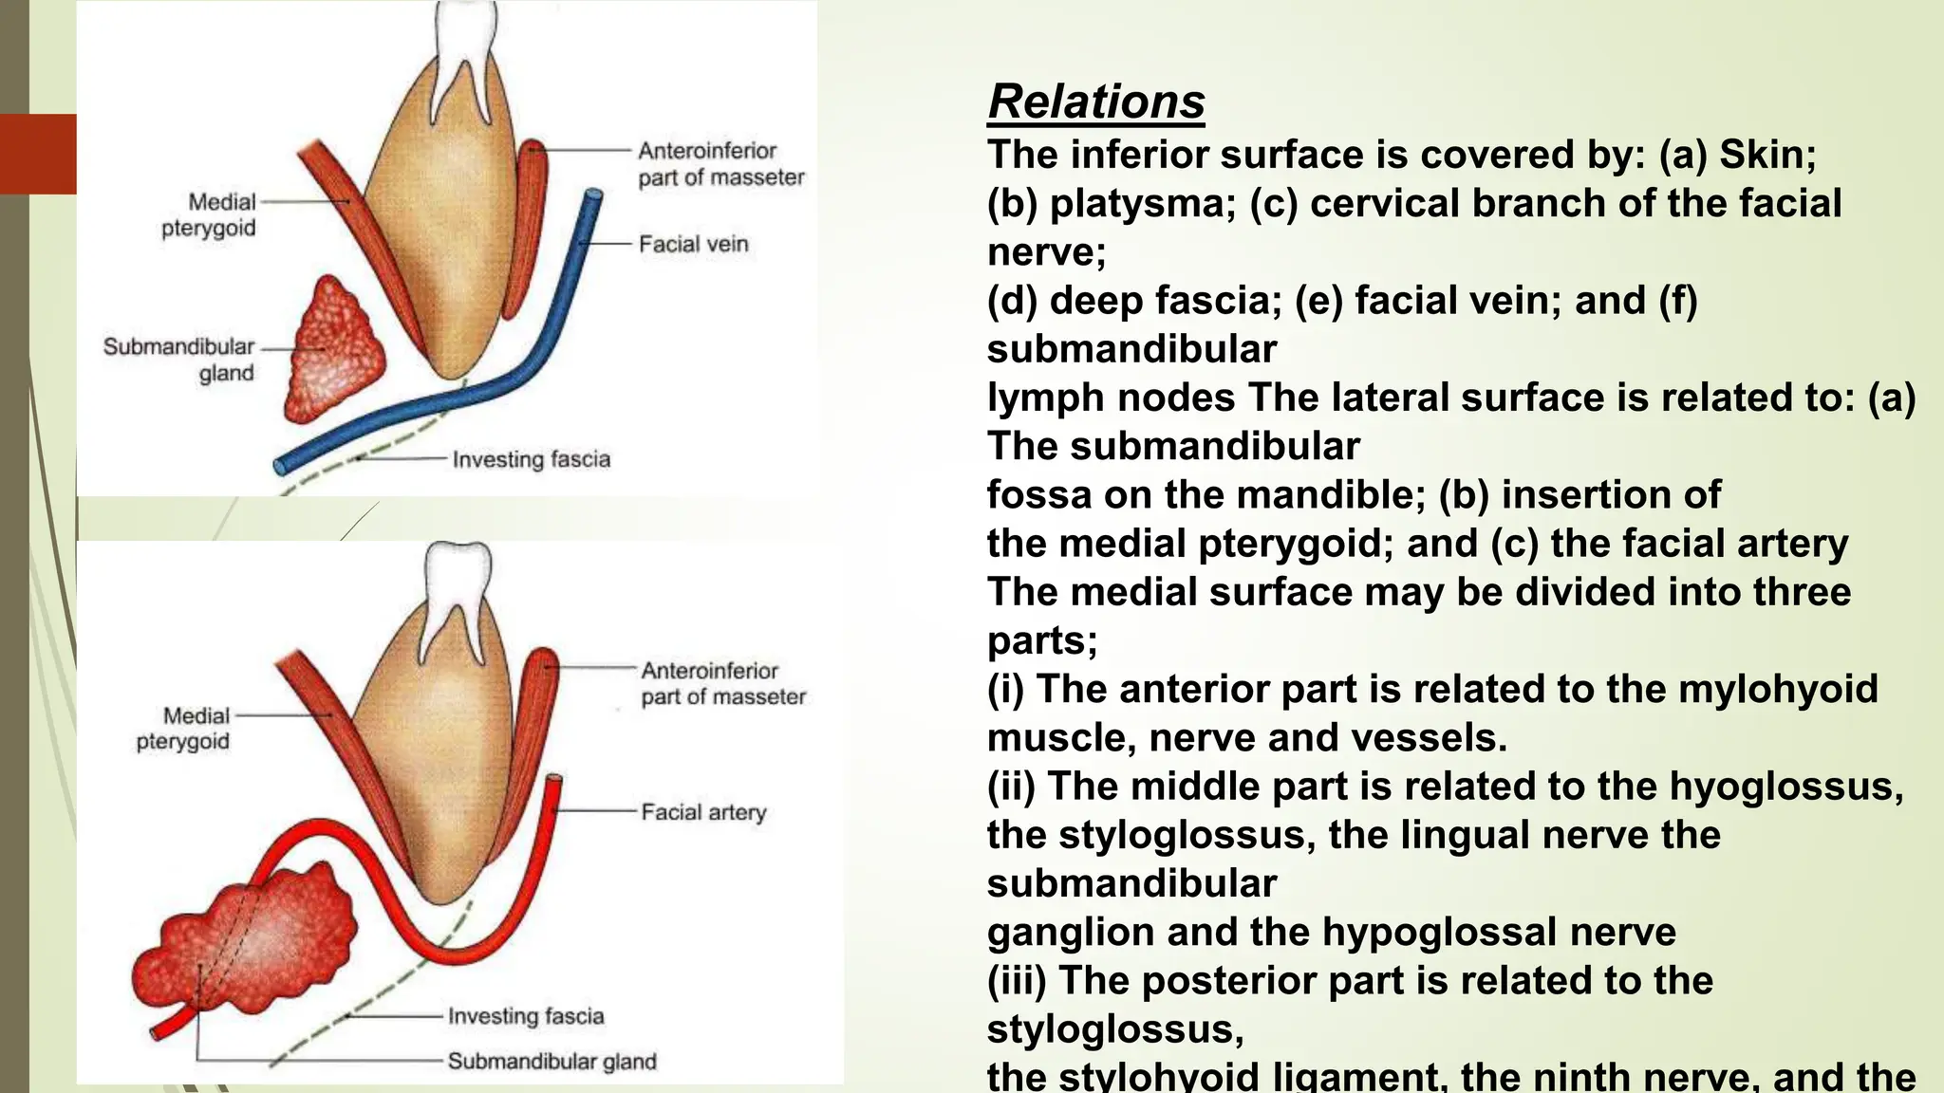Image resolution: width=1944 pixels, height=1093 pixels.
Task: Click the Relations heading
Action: click(1095, 102)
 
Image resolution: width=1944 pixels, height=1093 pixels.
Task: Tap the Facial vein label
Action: click(693, 245)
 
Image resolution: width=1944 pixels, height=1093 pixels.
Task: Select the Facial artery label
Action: click(702, 812)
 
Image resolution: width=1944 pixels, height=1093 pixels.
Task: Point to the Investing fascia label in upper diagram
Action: click(531, 459)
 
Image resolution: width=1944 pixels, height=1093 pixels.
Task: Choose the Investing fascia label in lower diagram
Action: click(526, 1016)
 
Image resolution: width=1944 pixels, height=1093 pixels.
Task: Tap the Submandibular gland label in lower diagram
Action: click(551, 1061)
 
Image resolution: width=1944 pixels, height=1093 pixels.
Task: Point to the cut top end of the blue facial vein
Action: click(592, 196)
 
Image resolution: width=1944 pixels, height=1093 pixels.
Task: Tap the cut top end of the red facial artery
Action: click(553, 782)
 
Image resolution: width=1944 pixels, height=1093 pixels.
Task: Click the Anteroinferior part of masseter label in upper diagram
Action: click(720, 164)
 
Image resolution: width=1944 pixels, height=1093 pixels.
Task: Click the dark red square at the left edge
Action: click(38, 154)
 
